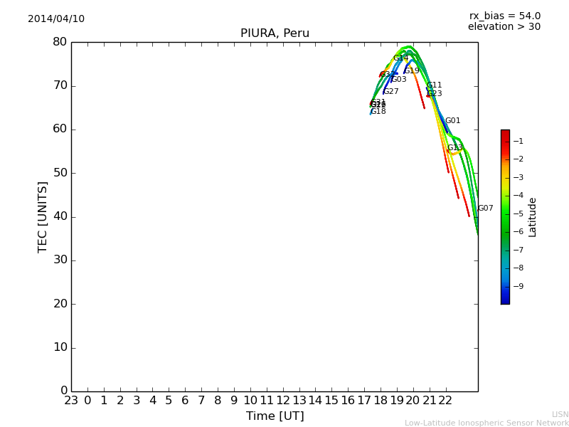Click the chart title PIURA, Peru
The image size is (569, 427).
point(275,33)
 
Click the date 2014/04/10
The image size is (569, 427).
point(56,19)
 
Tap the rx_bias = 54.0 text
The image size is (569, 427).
point(504,16)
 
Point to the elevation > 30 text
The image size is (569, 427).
point(504,27)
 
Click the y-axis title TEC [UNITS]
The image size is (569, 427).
point(43,216)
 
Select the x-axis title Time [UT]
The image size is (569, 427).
point(275,416)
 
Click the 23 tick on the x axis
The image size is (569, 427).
point(71,401)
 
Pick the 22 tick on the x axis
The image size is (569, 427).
point(445,401)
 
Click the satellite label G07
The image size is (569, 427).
point(485,209)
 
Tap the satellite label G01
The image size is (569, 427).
point(452,121)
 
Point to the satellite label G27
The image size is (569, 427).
point(390,92)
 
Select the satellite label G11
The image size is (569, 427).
point(434,85)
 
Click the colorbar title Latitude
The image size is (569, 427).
point(533,217)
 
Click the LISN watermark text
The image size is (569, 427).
point(560,414)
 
